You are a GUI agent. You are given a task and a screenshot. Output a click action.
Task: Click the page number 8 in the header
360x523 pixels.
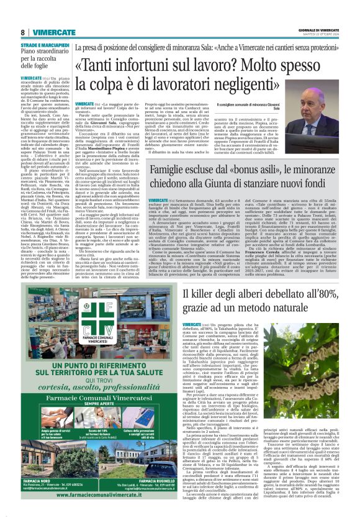click(22, 32)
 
